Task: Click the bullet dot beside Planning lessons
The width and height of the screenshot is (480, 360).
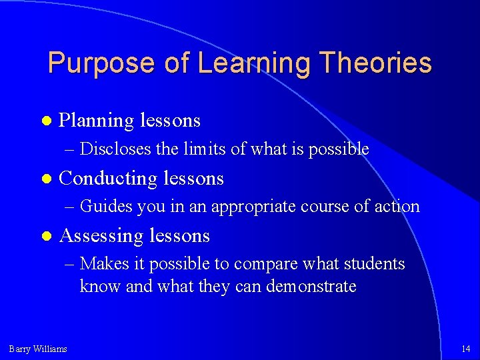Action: (x=45, y=121)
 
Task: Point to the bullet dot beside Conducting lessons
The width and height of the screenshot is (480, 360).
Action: (x=45, y=179)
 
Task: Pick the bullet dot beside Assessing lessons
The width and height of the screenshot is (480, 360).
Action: (x=45, y=236)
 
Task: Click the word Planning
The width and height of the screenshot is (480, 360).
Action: (x=96, y=121)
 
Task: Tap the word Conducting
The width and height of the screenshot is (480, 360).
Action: (x=107, y=179)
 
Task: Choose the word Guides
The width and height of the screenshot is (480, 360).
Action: (x=106, y=207)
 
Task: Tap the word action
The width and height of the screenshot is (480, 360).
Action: (x=398, y=207)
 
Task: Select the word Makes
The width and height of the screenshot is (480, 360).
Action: (x=101, y=264)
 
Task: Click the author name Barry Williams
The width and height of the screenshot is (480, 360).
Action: (x=38, y=349)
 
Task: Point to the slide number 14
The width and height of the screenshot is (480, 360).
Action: (x=465, y=349)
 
